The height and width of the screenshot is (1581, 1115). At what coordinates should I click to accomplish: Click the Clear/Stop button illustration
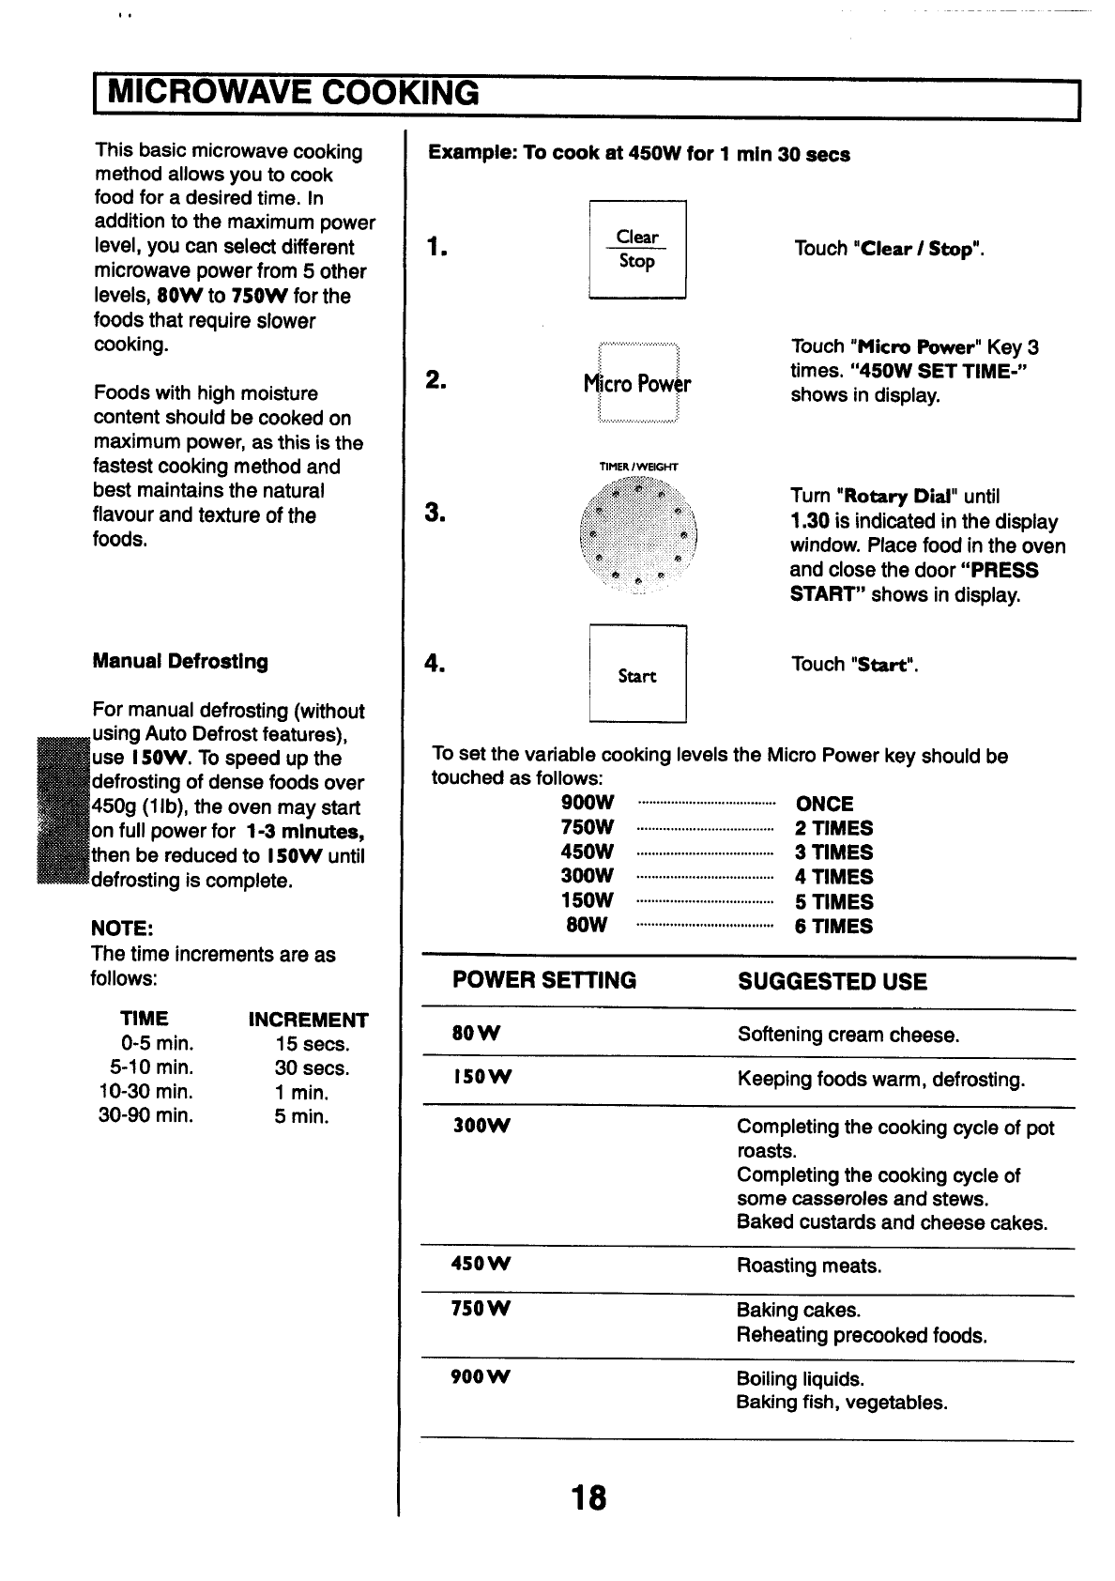[x=637, y=250]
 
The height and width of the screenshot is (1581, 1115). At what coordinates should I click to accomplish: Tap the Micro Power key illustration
[x=637, y=384]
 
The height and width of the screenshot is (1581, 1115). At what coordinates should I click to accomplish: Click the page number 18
[x=588, y=1497]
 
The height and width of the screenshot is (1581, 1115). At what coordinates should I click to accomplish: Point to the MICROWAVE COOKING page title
[x=294, y=94]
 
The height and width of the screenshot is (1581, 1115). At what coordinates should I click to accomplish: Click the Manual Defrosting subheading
[x=180, y=662]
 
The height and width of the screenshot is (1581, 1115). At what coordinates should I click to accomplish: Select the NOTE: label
[x=122, y=929]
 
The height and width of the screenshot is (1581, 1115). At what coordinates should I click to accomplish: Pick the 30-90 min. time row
[x=146, y=1116]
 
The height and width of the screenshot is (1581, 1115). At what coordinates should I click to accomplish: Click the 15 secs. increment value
[x=313, y=1044]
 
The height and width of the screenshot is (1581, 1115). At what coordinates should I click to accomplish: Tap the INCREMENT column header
[x=308, y=1020]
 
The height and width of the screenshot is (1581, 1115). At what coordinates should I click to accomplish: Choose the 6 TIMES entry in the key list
[x=834, y=927]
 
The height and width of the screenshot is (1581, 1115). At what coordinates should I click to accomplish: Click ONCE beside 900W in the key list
[x=824, y=804]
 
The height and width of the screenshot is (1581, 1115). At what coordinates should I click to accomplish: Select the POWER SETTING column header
[x=544, y=981]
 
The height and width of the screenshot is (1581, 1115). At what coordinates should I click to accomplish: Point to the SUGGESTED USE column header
[x=832, y=982]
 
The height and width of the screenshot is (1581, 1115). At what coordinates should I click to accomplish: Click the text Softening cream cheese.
[x=848, y=1036]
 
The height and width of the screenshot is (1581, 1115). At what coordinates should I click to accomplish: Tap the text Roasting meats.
[x=809, y=1266]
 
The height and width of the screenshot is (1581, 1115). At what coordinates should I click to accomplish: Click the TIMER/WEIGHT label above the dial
[x=638, y=467]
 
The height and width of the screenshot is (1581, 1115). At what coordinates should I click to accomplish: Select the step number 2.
[x=435, y=380]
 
